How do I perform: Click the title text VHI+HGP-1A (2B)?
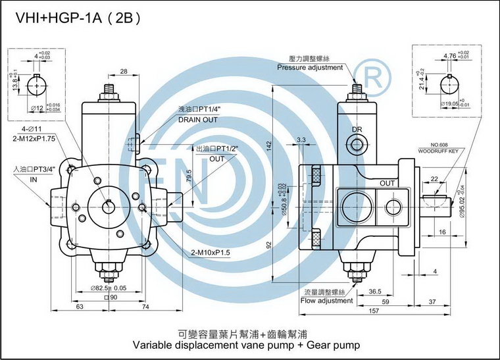tap(78, 18)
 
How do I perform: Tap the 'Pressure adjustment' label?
tap(310, 68)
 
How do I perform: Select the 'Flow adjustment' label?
tap(326, 301)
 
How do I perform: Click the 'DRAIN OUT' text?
tap(198, 120)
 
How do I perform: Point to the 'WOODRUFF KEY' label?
tap(438, 151)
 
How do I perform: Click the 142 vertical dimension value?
tap(269, 146)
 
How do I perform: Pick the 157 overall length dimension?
tap(374, 310)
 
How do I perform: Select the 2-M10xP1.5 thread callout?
tap(211, 253)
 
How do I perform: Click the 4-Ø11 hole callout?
tap(32, 129)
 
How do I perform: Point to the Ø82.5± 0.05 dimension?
tap(109, 288)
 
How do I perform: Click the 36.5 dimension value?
tap(375, 292)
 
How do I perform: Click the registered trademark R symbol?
tap(372, 77)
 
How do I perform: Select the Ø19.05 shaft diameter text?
tap(449, 103)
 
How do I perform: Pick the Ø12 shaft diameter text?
tap(37, 109)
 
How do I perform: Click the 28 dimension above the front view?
tap(124, 71)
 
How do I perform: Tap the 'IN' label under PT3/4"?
tap(34, 180)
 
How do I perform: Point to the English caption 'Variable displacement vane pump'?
tap(213, 345)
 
